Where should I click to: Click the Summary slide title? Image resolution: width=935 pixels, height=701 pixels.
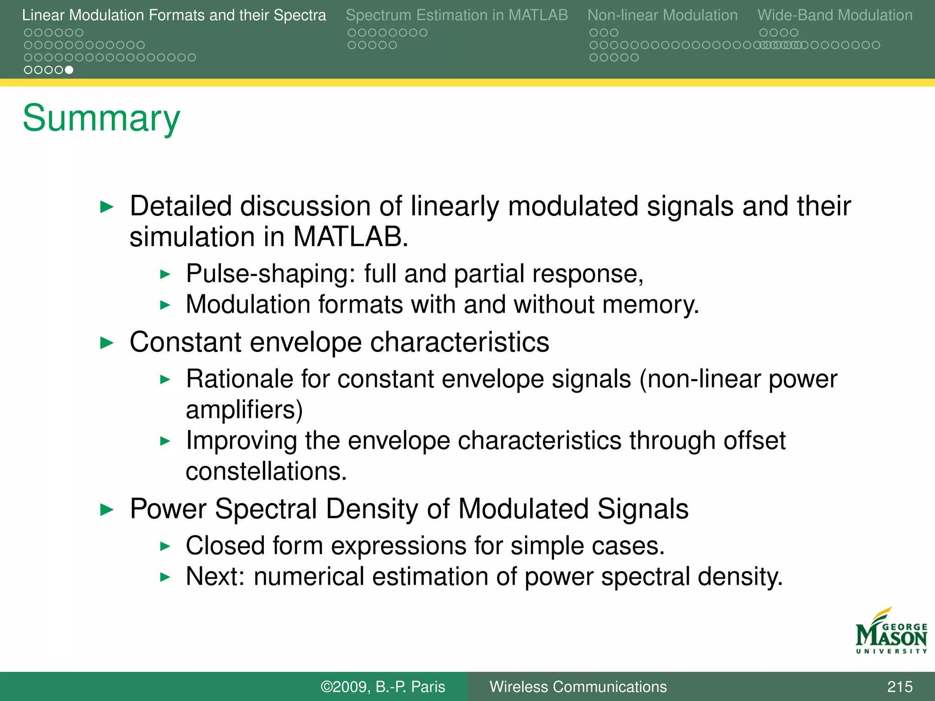pos(101,119)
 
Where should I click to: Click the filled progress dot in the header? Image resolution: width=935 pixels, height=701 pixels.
pos(69,70)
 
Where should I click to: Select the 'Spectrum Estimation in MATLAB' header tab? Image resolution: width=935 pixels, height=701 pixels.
pos(457,15)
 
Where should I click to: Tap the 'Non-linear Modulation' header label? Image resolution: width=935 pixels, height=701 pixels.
pos(662,15)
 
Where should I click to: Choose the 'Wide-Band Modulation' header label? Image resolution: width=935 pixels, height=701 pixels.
pos(835,15)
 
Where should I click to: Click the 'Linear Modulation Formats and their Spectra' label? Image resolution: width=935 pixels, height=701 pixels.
pos(174,15)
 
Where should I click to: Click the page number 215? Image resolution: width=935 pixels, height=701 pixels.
pos(899,686)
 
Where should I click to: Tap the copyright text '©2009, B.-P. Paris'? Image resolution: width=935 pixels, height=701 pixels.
pos(383,686)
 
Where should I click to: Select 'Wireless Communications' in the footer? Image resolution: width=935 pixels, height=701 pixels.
pos(578,686)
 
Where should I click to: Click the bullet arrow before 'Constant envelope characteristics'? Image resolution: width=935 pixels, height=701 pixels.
pos(106,343)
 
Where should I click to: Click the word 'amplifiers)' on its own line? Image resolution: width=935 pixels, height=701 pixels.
pos(244,409)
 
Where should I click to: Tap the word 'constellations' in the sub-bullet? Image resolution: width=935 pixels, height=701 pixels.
pos(264,471)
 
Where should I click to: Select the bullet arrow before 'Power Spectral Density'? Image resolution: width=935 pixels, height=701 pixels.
pos(106,509)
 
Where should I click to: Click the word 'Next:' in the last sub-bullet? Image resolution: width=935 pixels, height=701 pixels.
pos(215,576)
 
